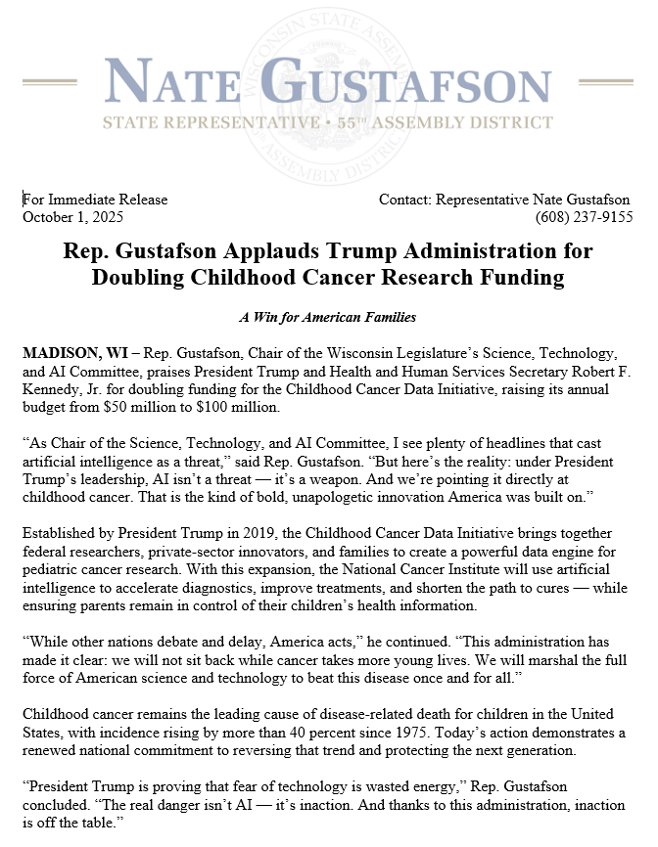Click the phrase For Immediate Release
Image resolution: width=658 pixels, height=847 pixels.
(x=95, y=200)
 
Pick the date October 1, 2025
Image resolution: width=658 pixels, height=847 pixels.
(x=73, y=217)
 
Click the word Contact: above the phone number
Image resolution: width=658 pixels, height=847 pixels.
(x=405, y=200)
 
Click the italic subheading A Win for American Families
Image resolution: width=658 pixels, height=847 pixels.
(x=328, y=317)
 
